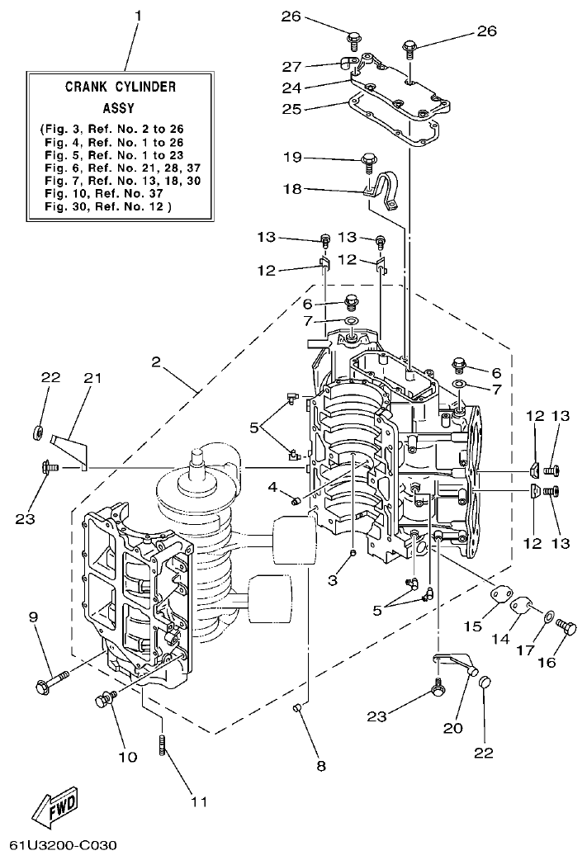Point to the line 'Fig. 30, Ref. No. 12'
tap(107, 206)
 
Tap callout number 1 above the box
tap(138, 16)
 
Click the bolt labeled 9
tap(50, 683)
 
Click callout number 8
tap(320, 767)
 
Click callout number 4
tap(272, 486)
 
